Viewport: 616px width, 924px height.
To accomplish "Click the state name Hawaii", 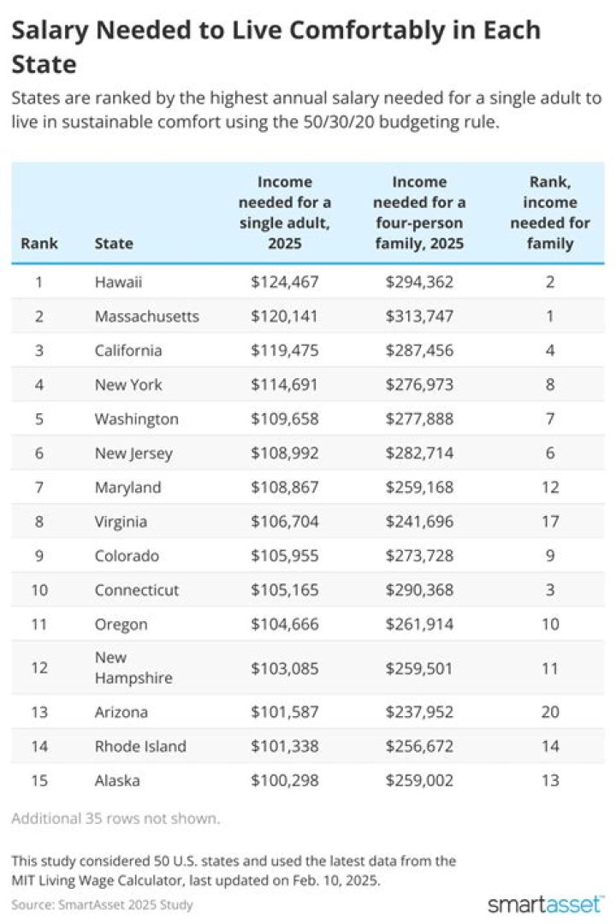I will pyautogui.click(x=118, y=282).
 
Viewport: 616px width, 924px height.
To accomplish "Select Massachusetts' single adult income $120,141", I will pyautogui.click(x=284, y=317).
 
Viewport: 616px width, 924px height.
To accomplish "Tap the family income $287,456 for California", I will pyautogui.click(x=419, y=351).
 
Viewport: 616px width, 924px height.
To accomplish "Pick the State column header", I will pyautogui.click(x=114, y=243).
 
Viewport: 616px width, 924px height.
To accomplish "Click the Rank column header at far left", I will pyautogui.click(x=39, y=243).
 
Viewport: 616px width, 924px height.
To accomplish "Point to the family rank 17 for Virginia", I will pyautogui.click(x=551, y=522).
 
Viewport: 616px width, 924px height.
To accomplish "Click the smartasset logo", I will pyautogui.click(x=546, y=903).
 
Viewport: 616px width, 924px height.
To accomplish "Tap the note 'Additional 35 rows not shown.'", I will pyautogui.click(x=115, y=818).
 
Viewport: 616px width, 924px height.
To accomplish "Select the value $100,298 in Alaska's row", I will pyautogui.click(x=284, y=780).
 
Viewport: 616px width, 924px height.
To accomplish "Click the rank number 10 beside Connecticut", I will pyautogui.click(x=39, y=590).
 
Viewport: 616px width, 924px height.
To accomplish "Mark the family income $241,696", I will pyautogui.click(x=419, y=522).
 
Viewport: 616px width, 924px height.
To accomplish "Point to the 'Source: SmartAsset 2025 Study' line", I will pyautogui.click(x=103, y=904).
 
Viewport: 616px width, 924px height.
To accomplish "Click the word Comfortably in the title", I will pyautogui.click(x=343, y=31).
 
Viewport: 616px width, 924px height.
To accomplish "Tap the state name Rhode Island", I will pyautogui.click(x=140, y=746).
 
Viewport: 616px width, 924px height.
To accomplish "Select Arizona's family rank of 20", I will pyautogui.click(x=551, y=712).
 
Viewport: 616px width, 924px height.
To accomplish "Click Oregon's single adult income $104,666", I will pyautogui.click(x=284, y=625).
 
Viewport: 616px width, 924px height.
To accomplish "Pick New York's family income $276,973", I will pyautogui.click(x=419, y=385).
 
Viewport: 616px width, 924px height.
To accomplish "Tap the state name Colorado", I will pyautogui.click(x=127, y=556).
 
